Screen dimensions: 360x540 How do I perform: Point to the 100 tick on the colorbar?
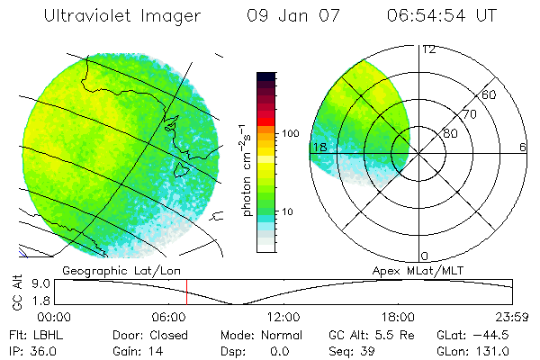click(291, 133)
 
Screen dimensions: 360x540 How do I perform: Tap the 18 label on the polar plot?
click(319, 147)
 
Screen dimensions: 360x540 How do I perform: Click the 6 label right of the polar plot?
click(523, 147)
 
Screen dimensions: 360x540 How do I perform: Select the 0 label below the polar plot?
click(425, 256)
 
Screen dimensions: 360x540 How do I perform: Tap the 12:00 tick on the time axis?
click(284, 317)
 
